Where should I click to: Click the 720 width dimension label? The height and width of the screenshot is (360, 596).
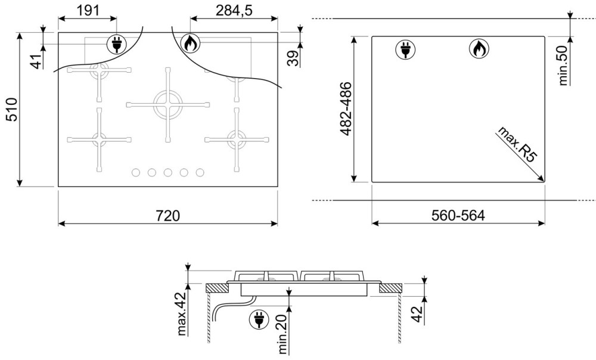coord(167,216)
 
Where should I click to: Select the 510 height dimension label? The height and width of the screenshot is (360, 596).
coord(12,110)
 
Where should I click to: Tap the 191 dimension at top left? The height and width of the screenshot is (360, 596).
coord(88,10)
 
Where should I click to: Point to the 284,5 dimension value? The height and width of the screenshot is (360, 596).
coord(234,10)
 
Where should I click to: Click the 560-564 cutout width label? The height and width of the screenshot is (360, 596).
coord(458,216)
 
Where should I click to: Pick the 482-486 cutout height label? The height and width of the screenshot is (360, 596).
coord(346,108)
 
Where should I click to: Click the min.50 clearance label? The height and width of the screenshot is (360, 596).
coord(563,66)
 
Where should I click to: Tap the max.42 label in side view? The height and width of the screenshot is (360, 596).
coord(182,314)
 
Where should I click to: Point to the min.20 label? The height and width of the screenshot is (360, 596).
coord(283,334)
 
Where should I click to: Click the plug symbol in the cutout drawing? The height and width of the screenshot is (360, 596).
coord(405,49)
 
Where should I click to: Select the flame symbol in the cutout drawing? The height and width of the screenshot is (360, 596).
coord(479,49)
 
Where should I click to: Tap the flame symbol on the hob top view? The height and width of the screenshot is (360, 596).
coord(190,44)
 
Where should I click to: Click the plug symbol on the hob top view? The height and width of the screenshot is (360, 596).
coord(117,44)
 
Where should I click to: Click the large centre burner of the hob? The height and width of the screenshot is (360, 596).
coord(168,104)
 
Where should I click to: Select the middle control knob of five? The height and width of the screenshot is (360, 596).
coord(168,173)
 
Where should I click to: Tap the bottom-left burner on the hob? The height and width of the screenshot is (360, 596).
coord(99,139)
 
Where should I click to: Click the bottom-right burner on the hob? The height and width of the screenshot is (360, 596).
coord(237,139)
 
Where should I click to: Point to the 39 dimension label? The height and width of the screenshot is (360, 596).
coord(293,58)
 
